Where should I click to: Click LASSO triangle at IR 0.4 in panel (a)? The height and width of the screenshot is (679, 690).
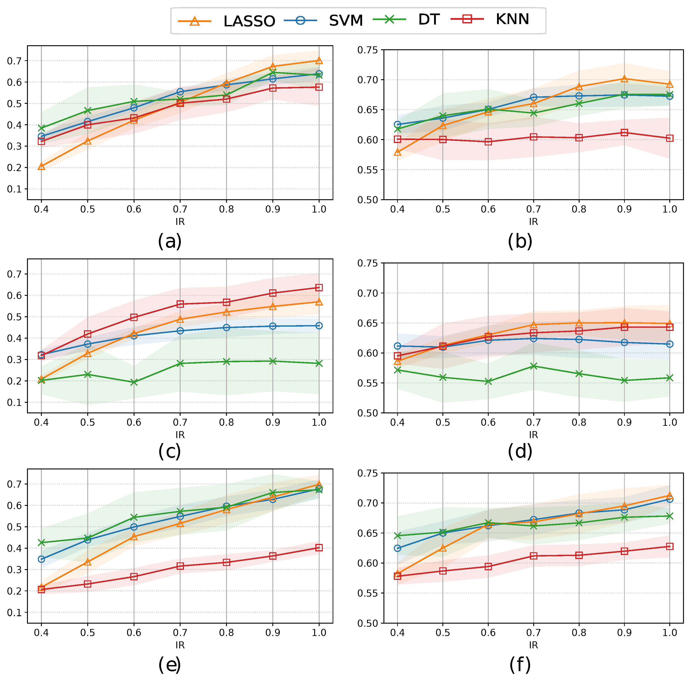[x=41, y=167]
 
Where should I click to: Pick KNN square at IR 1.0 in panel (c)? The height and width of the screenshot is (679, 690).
[x=319, y=287]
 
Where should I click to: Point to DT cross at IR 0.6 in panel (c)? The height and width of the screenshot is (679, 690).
[x=134, y=382]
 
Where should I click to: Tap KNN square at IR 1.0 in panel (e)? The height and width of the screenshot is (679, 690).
[x=319, y=547]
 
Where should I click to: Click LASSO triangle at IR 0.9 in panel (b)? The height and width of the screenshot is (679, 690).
[x=624, y=79]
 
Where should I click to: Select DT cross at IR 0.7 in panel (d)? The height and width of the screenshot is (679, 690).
[x=533, y=366]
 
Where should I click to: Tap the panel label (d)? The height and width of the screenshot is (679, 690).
[x=520, y=451]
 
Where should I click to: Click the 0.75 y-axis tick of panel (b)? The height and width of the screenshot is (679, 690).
[x=368, y=50]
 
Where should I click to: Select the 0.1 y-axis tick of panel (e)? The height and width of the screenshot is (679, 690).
[x=14, y=613]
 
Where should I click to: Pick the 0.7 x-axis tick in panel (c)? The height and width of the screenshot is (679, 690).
[x=180, y=423]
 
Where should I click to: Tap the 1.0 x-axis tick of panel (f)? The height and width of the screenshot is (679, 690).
[x=669, y=633]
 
